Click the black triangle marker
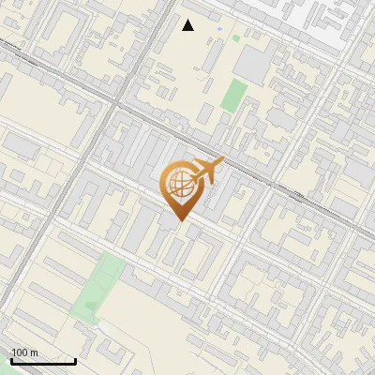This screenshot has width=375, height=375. tap(187, 25)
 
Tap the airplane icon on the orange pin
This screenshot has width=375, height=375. tap(205, 172)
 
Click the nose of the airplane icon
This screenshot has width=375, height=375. tap(221, 163)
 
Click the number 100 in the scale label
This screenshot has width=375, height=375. tap(20, 352)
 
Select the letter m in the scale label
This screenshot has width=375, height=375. tap(34, 352)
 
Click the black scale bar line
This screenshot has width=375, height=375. tap(42, 361)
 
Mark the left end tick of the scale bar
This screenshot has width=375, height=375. tap(11, 359)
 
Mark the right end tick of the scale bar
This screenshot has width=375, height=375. tap(75, 359)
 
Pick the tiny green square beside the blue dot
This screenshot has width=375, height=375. tap(236, 38)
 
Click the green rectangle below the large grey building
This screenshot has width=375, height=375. tap(234, 94)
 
